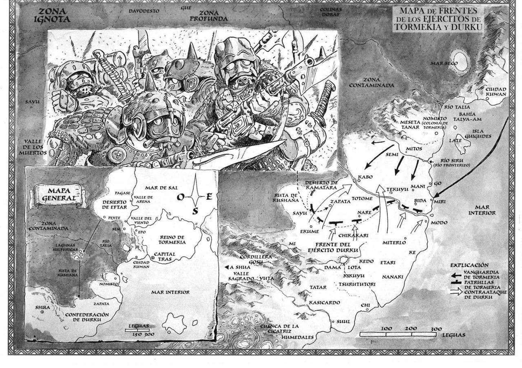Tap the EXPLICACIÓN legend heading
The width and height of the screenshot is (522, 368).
tap(469, 265)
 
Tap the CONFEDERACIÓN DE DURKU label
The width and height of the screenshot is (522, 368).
tap(87, 317)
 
